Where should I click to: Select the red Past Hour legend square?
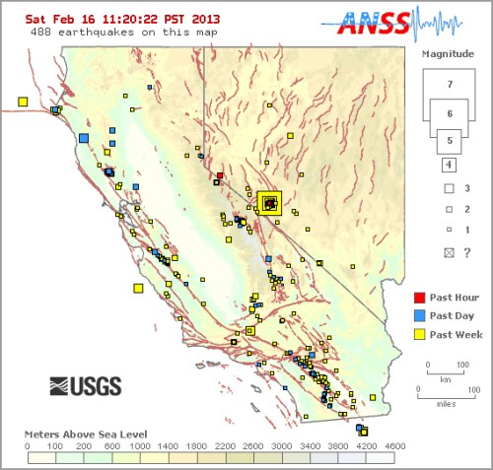coord(419,296)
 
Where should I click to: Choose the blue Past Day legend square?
coord(419,315)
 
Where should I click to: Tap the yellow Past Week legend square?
coord(419,335)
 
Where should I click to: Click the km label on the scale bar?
coord(447,377)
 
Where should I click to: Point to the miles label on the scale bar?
coord(448,402)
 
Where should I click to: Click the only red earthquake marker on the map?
coord(220,175)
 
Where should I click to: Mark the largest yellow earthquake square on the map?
coord(269,203)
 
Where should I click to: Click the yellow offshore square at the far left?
coord(23,101)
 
